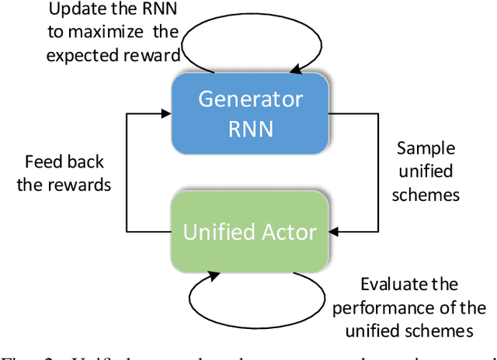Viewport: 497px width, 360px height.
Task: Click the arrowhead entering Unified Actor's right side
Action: coord(332,230)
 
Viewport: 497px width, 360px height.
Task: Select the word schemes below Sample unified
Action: coord(426,193)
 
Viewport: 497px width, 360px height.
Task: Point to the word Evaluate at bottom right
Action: coord(395,284)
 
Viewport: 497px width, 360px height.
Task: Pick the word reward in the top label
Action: coord(155,54)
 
